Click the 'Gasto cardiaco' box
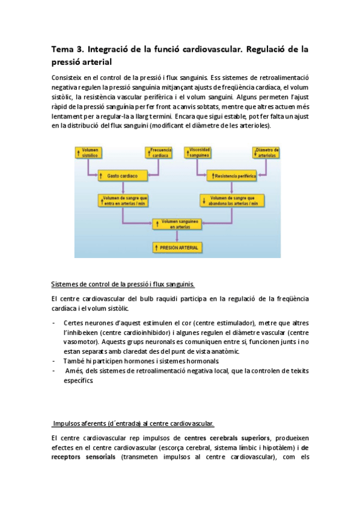pos(123,176)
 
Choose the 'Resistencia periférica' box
pos(231,176)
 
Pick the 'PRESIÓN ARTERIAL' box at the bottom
pos(177,247)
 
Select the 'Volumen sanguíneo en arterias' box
pos(177,224)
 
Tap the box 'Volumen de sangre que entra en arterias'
pos(123,200)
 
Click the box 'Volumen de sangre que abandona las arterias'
pos(231,200)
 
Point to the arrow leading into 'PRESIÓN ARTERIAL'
pos(177,236)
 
